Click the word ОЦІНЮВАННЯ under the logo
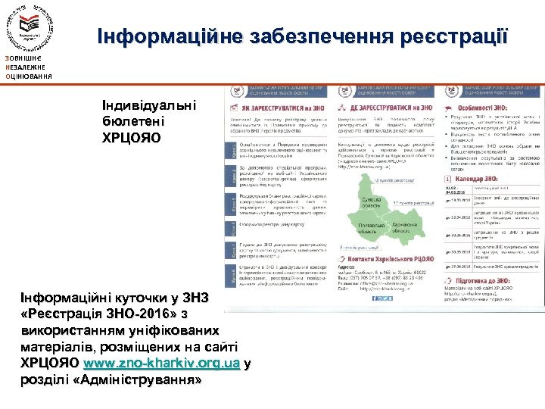(28, 76)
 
